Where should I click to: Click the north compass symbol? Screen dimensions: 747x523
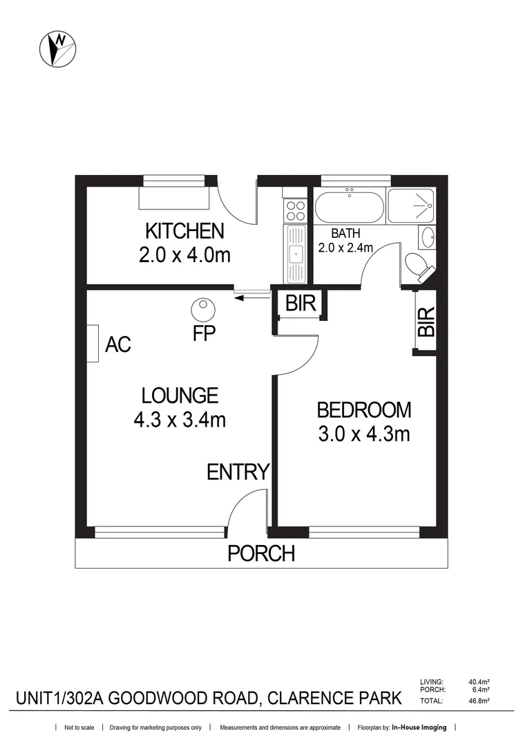(58, 49)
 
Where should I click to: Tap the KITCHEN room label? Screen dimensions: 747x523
(184, 231)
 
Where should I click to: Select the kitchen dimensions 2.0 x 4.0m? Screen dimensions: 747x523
(184, 255)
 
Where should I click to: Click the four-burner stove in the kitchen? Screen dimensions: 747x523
(296, 208)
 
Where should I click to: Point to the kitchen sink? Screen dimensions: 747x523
(296, 254)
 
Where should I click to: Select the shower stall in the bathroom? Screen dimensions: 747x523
(410, 205)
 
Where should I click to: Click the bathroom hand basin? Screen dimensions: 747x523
(427, 237)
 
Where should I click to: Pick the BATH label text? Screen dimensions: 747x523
(345, 234)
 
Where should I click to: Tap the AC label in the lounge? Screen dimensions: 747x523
(118, 344)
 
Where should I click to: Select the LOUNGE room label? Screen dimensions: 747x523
(180, 396)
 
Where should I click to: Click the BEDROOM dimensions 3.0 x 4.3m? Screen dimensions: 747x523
(363, 434)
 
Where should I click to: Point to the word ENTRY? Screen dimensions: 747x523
(238, 472)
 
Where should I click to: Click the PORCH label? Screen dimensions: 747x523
(261, 553)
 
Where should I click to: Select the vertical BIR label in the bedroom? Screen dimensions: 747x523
(428, 322)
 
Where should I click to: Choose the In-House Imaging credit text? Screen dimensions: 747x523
(419, 728)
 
